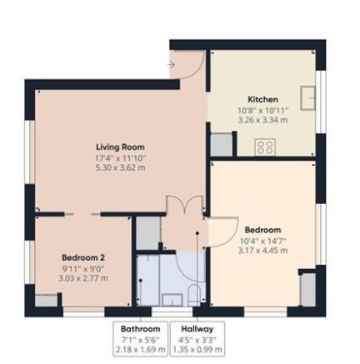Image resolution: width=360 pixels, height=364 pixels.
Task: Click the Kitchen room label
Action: click(x=262, y=99)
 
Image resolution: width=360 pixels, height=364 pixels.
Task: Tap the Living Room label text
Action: click(x=120, y=147)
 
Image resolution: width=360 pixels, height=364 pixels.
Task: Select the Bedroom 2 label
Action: click(x=83, y=257)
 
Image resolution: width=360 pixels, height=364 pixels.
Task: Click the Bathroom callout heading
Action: click(x=141, y=329)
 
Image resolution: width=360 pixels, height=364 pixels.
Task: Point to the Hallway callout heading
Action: click(x=197, y=329)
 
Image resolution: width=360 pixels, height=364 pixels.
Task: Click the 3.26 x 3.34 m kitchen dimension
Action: click(x=262, y=120)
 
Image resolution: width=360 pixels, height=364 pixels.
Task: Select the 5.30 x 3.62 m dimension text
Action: click(x=120, y=167)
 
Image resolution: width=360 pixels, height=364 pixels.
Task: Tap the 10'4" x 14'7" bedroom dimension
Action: click(x=262, y=241)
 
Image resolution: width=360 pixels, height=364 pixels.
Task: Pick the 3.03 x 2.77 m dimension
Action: click(x=83, y=278)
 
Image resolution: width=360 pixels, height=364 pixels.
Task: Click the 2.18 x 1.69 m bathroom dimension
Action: click(x=141, y=349)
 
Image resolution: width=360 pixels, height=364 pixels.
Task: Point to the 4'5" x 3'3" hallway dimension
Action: click(x=197, y=339)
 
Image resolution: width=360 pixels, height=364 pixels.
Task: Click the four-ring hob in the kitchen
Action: click(x=265, y=147)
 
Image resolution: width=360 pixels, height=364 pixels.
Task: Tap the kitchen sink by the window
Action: click(x=308, y=97)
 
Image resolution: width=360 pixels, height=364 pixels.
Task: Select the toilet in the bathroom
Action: click(x=194, y=295)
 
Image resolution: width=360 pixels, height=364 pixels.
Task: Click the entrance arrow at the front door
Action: click(x=171, y=64)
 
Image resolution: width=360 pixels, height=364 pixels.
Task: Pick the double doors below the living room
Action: click(x=185, y=205)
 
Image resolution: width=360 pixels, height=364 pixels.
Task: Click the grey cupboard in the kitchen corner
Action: click(x=222, y=144)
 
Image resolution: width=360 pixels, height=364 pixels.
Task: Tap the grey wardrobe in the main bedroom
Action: click(x=308, y=290)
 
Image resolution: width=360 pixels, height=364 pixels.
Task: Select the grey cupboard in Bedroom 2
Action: click(x=46, y=301)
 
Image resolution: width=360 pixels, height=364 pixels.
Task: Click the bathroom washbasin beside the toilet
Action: click(x=172, y=300)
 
